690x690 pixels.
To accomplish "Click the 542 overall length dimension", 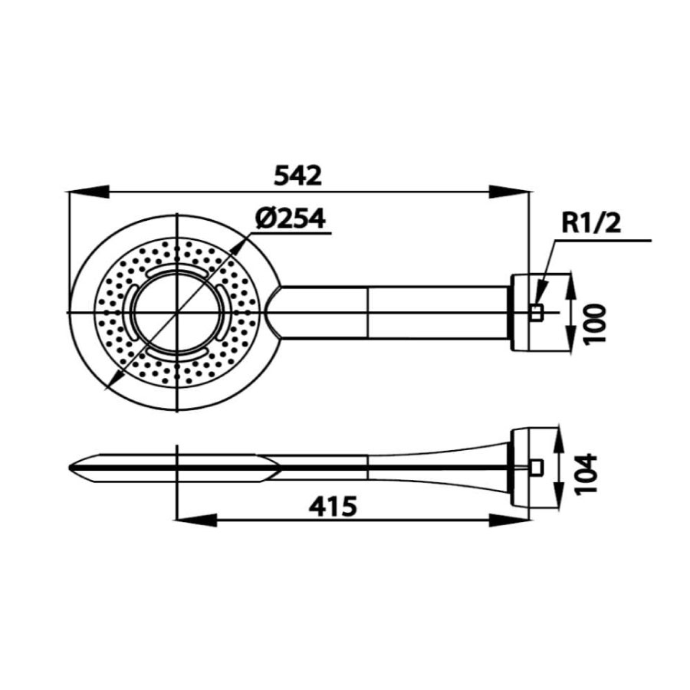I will pos(297,176).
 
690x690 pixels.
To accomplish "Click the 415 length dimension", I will pos(335,506).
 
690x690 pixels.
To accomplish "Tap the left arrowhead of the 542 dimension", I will pos(84,192).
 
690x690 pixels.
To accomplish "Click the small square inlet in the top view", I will pos(537,312).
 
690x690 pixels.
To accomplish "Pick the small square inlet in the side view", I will pos(537,466).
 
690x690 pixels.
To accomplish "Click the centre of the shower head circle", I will pos(179,313).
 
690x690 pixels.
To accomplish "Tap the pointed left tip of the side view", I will pos(71,466).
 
